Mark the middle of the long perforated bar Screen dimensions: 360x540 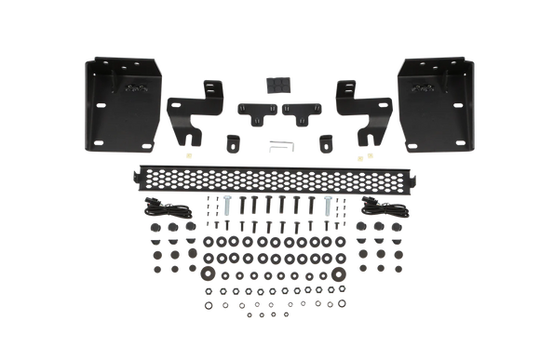[x=269, y=174]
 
